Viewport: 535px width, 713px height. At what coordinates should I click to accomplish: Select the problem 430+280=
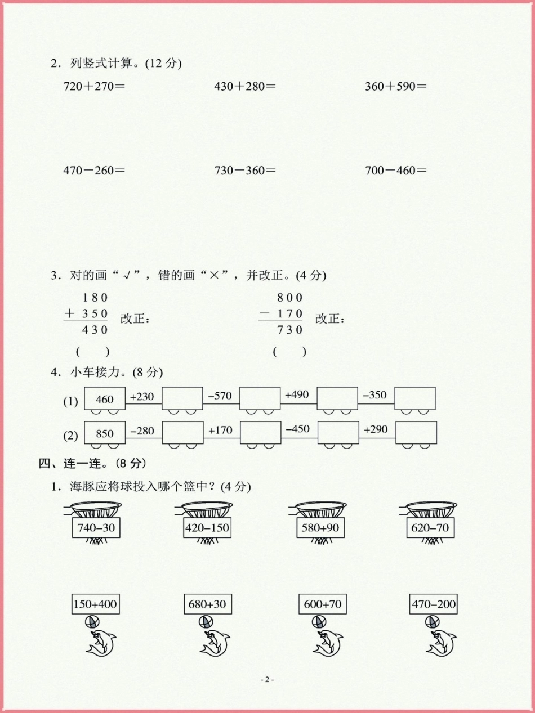tap(245, 87)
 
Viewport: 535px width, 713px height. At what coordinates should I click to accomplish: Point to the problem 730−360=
tap(245, 170)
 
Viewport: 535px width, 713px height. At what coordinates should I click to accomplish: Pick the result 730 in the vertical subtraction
tap(289, 330)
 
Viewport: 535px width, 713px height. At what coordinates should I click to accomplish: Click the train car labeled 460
tap(105, 399)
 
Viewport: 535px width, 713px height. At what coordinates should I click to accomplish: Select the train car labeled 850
tap(105, 433)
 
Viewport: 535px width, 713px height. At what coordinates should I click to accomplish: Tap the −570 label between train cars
tap(220, 396)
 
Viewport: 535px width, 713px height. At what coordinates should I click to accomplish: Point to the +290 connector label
tap(376, 429)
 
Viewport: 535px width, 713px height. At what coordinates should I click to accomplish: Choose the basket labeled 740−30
tap(97, 528)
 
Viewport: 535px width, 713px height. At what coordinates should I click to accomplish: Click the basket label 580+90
tap(320, 528)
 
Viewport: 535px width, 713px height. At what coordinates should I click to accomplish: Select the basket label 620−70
tap(431, 528)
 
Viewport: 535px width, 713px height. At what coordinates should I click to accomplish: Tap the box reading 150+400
tap(96, 604)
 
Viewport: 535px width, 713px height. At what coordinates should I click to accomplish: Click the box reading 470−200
tap(434, 604)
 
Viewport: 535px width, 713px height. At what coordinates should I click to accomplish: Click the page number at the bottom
tap(267, 679)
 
